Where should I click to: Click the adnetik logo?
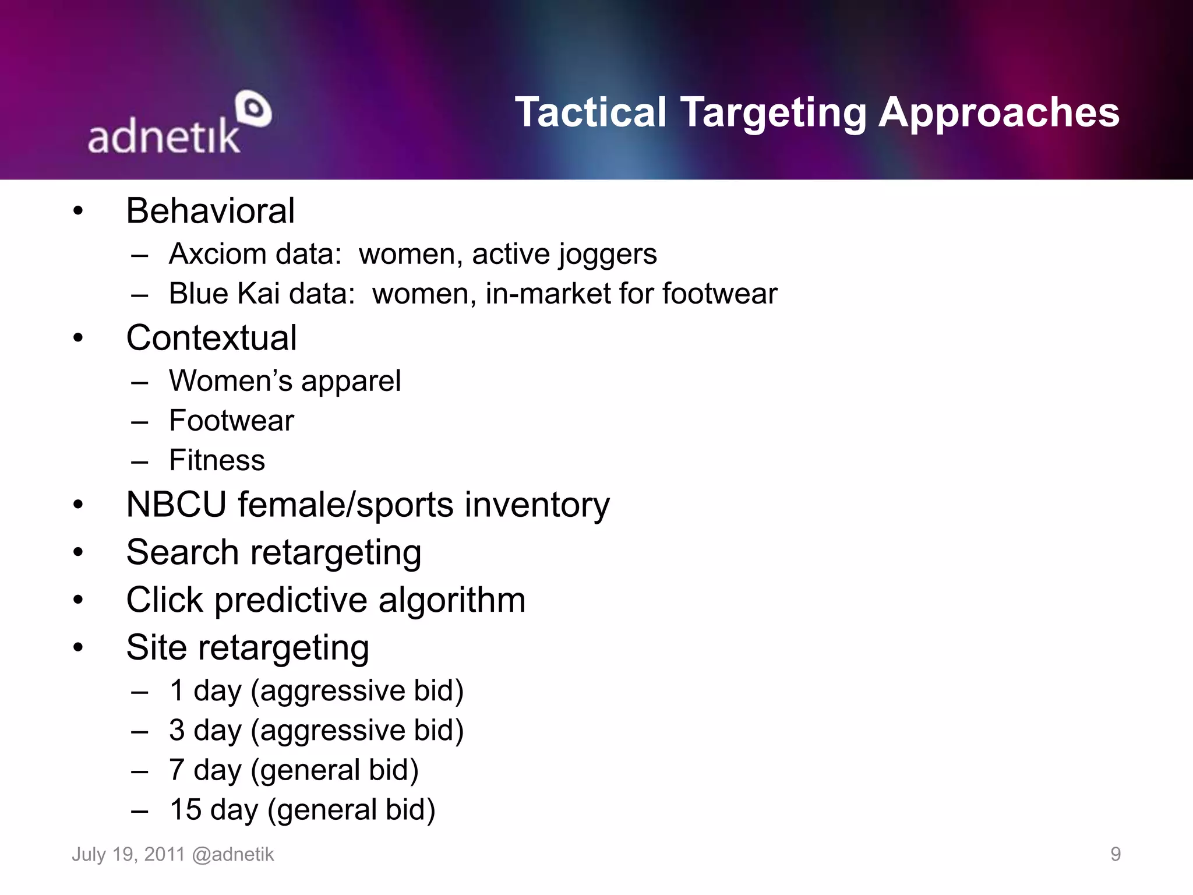coord(178,124)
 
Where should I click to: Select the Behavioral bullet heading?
coord(210,210)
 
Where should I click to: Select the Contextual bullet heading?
coord(211,337)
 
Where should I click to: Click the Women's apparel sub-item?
coord(285,381)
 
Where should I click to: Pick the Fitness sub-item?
coord(217,460)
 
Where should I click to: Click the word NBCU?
coord(176,504)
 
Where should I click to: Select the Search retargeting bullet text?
coord(274,553)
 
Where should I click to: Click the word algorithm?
coord(451,600)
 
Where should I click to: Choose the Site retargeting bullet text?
coord(248,648)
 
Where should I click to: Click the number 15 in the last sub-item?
coord(185,809)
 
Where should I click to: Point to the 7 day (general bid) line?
coord(294,770)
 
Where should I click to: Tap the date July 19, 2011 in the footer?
coord(128,854)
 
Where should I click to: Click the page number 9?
coord(1115,854)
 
